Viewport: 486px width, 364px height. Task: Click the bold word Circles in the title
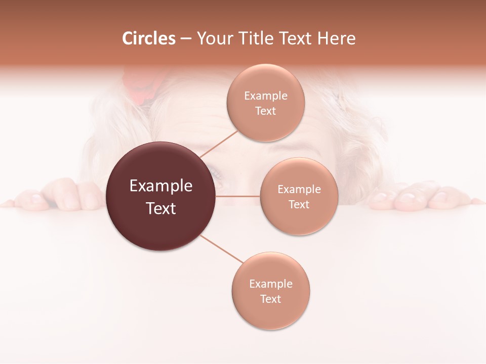click(x=148, y=38)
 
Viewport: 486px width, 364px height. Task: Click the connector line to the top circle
click(x=219, y=144)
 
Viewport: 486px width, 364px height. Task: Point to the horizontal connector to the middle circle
click(x=238, y=196)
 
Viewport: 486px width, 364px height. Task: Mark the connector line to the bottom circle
click(x=221, y=249)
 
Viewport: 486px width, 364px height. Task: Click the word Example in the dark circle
click(x=160, y=186)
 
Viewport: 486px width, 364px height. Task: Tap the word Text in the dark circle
click(x=160, y=208)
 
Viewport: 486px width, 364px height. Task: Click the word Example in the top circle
click(x=265, y=96)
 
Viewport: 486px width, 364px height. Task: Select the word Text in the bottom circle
click(x=270, y=299)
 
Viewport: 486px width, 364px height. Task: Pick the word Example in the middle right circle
click(x=299, y=190)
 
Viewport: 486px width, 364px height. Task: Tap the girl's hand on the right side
click(x=415, y=197)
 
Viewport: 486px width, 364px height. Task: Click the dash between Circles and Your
click(x=186, y=39)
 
